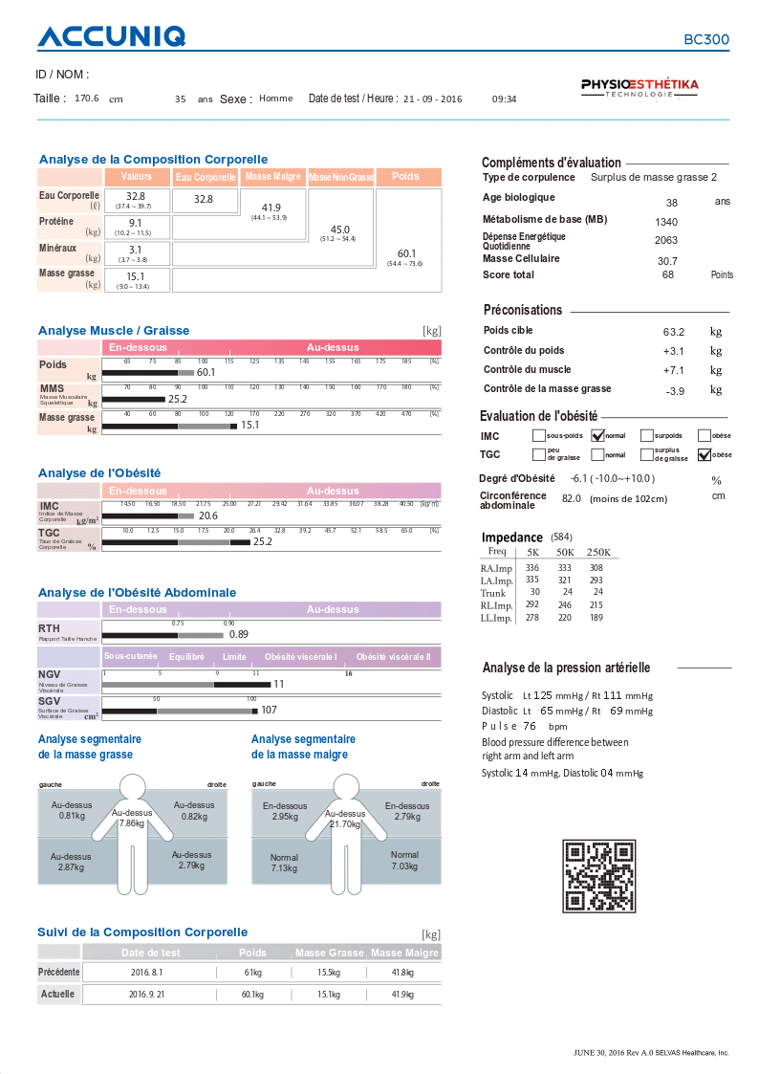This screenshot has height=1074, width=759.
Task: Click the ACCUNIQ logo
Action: tap(111, 37)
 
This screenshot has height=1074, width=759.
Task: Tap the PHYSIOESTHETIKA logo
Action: tap(640, 88)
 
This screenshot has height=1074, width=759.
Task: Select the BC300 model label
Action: tap(705, 40)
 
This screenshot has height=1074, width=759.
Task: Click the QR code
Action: tap(599, 875)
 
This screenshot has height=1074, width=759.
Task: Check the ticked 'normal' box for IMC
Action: tap(598, 436)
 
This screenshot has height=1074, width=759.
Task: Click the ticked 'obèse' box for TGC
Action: tap(705, 454)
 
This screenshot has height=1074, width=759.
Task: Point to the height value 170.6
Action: tap(87, 99)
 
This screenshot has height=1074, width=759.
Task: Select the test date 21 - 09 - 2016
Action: tap(432, 99)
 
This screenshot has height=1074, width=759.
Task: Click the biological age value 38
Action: tap(672, 203)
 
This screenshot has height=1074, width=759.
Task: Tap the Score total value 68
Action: tap(668, 274)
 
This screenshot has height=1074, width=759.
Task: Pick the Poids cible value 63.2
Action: tap(673, 332)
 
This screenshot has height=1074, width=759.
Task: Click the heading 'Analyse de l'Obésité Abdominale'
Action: tap(137, 592)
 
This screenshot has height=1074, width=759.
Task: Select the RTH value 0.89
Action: tap(239, 634)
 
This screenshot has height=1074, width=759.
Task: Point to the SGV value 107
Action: tap(269, 710)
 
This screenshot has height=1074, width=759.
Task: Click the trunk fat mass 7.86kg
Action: tap(132, 822)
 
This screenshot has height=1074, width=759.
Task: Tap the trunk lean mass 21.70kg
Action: tap(344, 823)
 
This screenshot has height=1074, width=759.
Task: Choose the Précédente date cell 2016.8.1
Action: tap(146, 972)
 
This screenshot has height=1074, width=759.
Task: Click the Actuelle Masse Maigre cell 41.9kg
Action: tap(402, 994)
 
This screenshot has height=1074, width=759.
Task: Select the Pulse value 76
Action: tap(529, 726)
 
